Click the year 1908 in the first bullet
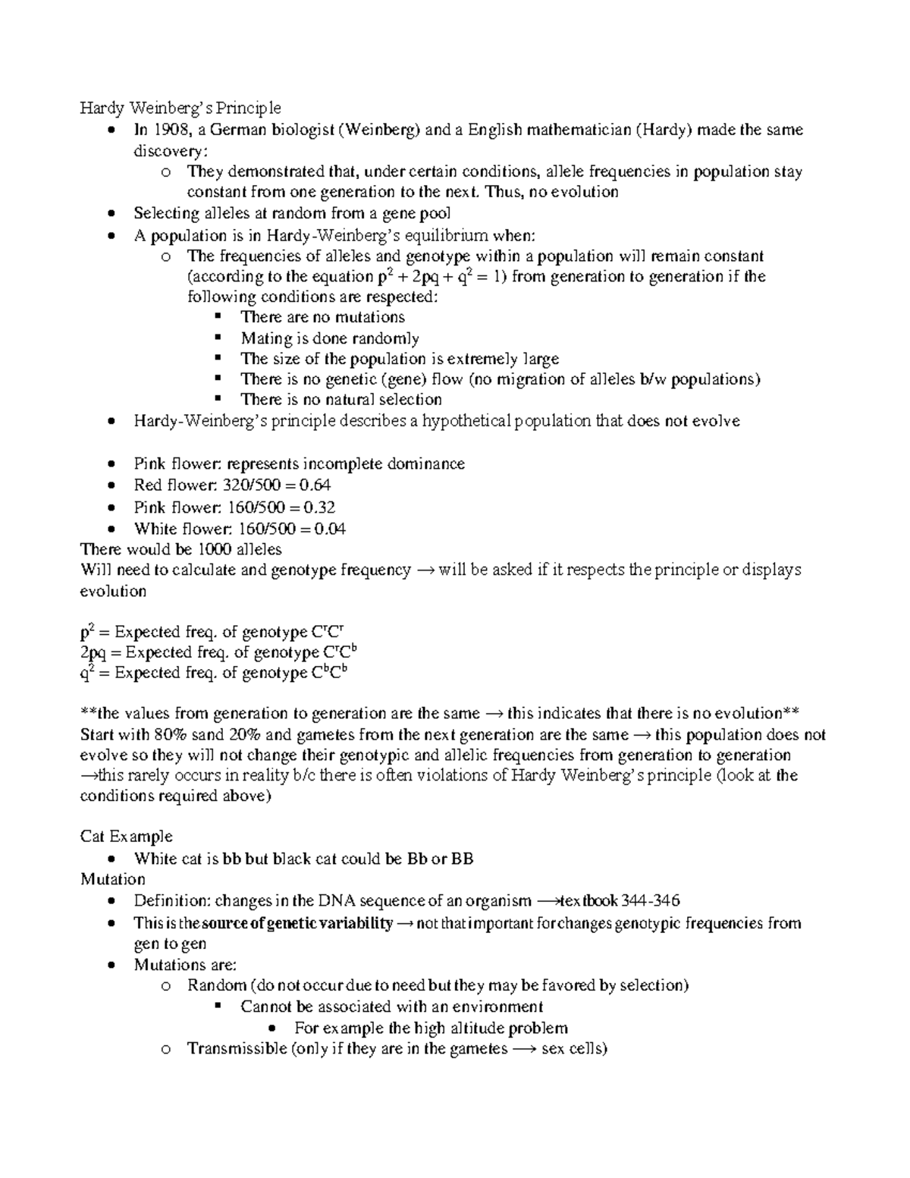pos(168,130)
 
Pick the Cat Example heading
pos(126,837)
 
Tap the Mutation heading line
pos(112,879)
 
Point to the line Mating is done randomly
pos(329,338)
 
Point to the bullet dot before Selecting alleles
pos(112,214)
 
